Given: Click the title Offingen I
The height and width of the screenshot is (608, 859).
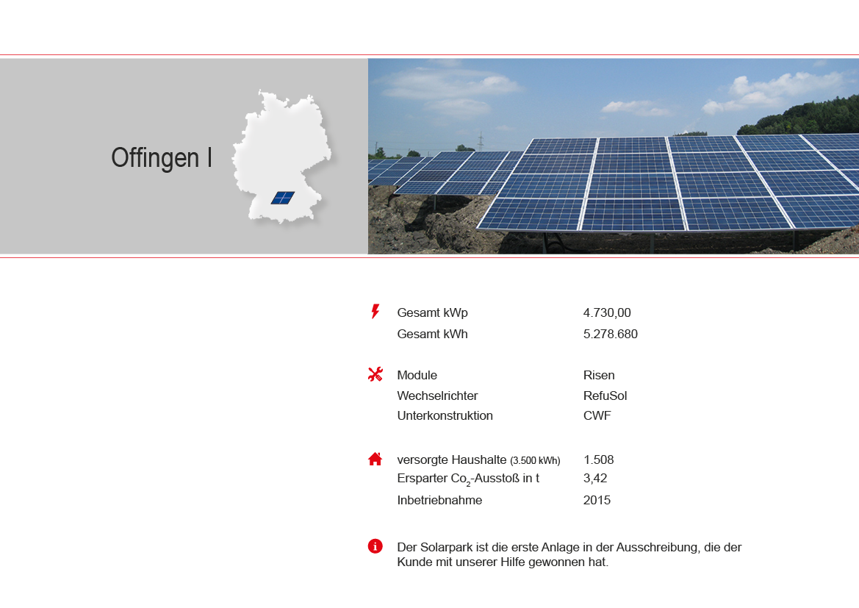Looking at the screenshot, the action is [x=162, y=158].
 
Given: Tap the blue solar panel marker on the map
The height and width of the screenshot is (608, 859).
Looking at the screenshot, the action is [x=283, y=198].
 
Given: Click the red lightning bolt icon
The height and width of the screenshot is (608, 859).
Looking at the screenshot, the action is [x=375, y=312].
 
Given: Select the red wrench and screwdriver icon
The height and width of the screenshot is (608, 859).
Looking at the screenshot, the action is [x=375, y=374].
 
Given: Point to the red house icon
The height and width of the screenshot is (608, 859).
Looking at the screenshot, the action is [x=375, y=459].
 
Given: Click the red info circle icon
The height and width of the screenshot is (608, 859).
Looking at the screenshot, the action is [x=375, y=546].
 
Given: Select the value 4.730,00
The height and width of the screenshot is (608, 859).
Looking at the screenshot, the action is [x=607, y=313].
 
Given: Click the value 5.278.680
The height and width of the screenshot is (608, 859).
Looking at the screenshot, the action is [x=611, y=334].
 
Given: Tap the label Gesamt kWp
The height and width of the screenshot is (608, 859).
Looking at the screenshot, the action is [x=432, y=313].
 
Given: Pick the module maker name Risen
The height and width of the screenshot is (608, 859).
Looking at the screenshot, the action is [x=599, y=375].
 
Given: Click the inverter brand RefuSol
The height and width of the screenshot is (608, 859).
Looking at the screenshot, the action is [x=605, y=396].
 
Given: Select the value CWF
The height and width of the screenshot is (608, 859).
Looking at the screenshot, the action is [x=597, y=415].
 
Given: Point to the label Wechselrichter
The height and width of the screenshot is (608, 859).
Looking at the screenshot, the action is [x=437, y=396].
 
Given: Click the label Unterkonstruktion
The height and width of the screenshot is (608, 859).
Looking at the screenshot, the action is [x=445, y=415].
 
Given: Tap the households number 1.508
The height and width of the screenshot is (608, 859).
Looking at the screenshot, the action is [x=598, y=459].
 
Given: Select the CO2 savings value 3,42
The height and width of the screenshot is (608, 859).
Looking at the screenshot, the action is [x=595, y=478].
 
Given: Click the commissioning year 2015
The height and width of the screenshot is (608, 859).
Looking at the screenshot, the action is [x=597, y=500].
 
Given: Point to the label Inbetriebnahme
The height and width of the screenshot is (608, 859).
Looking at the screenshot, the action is [x=439, y=500].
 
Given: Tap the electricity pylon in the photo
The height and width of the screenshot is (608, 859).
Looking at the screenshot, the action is [x=481, y=140].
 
